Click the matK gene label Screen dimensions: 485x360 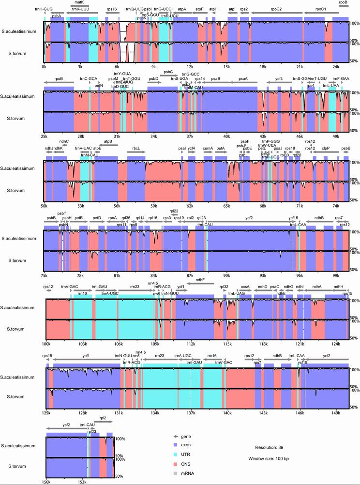[79, 2]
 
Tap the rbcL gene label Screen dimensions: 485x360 [136, 148]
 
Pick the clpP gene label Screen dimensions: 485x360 [326, 148]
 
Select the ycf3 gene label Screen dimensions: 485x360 [279, 78]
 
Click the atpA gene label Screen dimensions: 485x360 [182, 9]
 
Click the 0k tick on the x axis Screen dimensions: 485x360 [44, 66]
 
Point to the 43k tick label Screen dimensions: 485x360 [263, 136]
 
